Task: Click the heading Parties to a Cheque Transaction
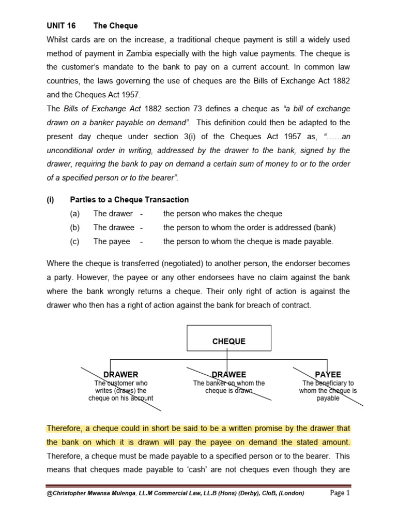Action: click(x=129, y=199)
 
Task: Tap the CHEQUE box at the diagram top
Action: click(x=228, y=342)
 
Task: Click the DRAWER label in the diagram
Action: click(x=121, y=374)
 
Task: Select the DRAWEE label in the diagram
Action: click(x=228, y=374)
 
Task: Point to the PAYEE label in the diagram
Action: click(x=328, y=374)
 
